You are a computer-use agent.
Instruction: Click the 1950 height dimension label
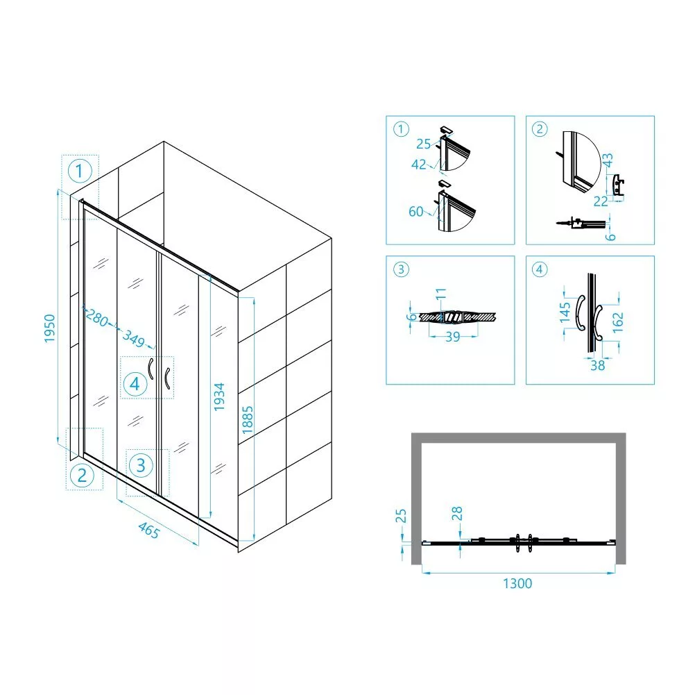pyautogui.click(x=50, y=328)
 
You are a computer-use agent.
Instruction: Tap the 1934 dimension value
pyautogui.click(x=219, y=396)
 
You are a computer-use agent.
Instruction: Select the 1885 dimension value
pyautogui.click(x=248, y=420)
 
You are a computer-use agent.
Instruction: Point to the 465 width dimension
pyautogui.click(x=148, y=530)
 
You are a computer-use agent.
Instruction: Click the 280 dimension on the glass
pyautogui.click(x=96, y=317)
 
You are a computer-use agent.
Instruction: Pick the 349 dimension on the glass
pyautogui.click(x=133, y=339)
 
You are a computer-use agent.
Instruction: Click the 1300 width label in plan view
pyautogui.click(x=517, y=583)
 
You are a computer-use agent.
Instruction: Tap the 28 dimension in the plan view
pyautogui.click(x=456, y=514)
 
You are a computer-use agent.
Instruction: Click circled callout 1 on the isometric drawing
pyautogui.click(x=80, y=171)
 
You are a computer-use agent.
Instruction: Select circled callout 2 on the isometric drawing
pyautogui.click(x=83, y=476)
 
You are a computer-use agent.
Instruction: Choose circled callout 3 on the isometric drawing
pyautogui.click(x=141, y=465)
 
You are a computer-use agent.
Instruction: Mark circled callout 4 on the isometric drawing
pyautogui.click(x=135, y=384)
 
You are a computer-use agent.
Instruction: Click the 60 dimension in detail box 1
pyautogui.click(x=415, y=212)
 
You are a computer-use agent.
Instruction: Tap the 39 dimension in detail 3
pyautogui.click(x=452, y=337)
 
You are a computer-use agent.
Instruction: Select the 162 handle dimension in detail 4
pyautogui.click(x=617, y=322)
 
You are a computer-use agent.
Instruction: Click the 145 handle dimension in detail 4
pyautogui.click(x=565, y=313)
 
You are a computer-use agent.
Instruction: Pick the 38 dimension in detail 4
pyautogui.click(x=597, y=366)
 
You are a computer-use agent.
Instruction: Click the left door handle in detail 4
pyautogui.click(x=581, y=313)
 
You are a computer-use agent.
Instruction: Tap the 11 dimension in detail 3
pyautogui.click(x=440, y=294)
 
